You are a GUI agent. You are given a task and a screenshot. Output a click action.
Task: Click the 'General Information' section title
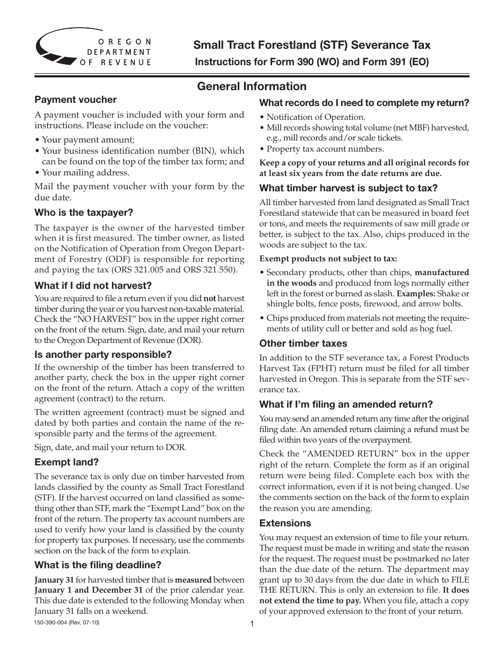coord(251,86)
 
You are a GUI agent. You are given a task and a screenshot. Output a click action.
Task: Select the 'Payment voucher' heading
coord(75,100)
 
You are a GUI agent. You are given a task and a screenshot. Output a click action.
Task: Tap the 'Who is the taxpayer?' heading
coord(84,213)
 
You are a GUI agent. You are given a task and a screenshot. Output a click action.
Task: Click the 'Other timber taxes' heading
coord(303,343)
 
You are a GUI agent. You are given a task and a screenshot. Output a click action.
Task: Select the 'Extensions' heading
coord(285,523)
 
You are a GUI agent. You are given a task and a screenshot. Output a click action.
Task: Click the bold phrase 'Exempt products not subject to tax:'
coord(328,259)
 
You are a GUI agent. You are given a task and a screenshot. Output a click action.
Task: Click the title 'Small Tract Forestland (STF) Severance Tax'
coord(312,45)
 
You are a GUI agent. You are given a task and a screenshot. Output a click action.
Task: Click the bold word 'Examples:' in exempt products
coord(416,293)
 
